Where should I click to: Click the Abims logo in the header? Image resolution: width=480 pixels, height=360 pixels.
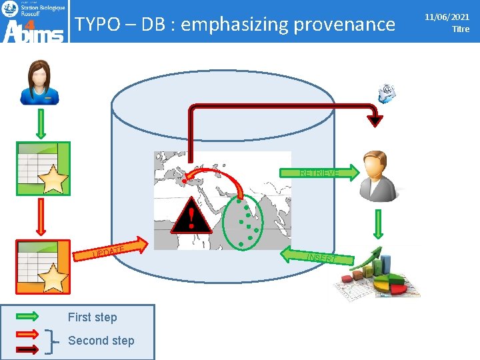pos(34,22)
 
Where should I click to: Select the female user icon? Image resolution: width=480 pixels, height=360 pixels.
pos(39,83)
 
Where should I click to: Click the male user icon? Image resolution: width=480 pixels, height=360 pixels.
pos(377,175)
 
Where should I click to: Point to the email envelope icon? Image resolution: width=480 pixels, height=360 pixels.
pos(387,94)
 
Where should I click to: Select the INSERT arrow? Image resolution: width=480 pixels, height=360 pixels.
pos(317,257)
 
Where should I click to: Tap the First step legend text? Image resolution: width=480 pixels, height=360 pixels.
pos(92,317)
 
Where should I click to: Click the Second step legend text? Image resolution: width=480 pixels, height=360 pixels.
pos(101,341)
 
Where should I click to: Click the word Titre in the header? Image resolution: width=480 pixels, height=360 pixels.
pos(460,29)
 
